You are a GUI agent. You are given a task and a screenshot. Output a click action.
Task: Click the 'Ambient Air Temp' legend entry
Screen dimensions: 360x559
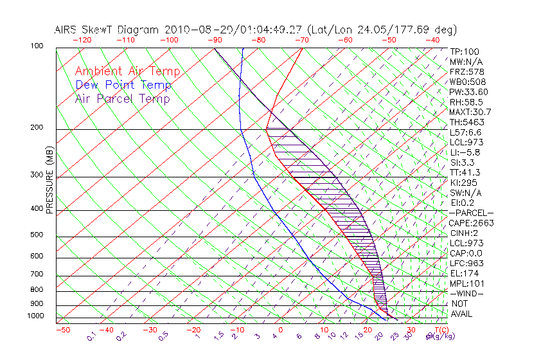[127, 71]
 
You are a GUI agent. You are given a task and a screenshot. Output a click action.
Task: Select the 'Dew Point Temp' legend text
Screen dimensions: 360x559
[123, 85]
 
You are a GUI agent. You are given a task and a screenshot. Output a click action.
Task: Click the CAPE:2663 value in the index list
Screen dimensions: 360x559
[470, 223]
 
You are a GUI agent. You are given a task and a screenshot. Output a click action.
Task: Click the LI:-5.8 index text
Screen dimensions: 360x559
[465, 152]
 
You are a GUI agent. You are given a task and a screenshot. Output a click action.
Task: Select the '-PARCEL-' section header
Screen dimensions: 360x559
[471, 213]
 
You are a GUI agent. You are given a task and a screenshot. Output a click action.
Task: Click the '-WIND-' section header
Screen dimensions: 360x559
[467, 293]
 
